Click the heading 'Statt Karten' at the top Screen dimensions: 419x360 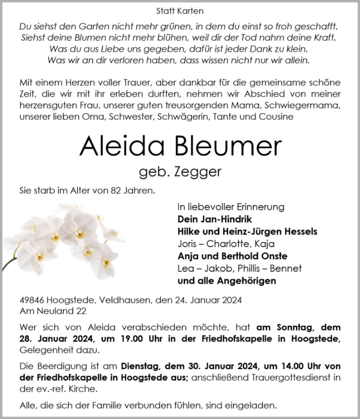coord(180,10)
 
